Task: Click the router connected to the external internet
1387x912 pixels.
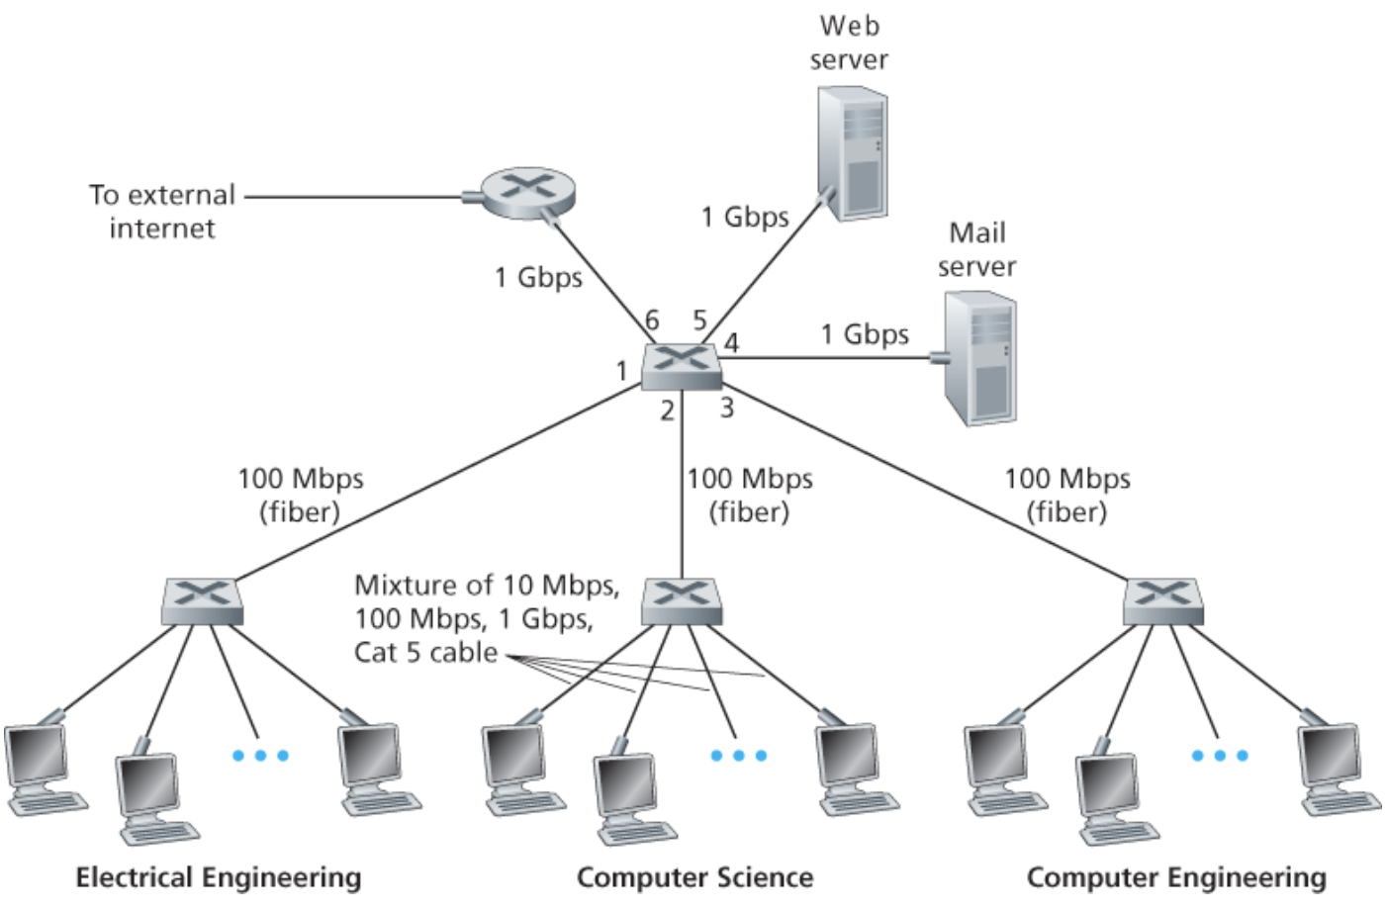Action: point(527,193)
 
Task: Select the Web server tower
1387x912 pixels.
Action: point(853,153)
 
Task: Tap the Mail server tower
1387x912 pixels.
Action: point(979,358)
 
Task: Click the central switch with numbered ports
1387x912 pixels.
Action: point(681,367)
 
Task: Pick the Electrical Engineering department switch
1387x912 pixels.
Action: point(202,601)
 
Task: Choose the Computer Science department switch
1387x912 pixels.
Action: point(681,601)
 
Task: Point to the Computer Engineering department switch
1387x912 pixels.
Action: point(1162,601)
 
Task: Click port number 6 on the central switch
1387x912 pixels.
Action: point(652,320)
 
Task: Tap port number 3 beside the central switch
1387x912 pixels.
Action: point(727,408)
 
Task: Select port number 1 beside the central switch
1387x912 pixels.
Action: point(621,372)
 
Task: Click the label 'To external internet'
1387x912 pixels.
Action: point(162,211)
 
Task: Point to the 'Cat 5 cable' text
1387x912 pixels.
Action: point(425,652)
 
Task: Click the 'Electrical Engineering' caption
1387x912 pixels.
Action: point(219,877)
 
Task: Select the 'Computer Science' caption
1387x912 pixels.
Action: point(694,877)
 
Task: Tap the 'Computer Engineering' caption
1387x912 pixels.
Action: point(1176,877)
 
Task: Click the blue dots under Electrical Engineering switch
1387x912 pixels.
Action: point(260,756)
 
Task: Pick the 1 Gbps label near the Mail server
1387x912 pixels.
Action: point(865,334)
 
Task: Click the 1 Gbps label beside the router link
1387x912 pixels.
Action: point(538,277)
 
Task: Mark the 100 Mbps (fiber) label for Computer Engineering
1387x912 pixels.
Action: point(1066,496)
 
